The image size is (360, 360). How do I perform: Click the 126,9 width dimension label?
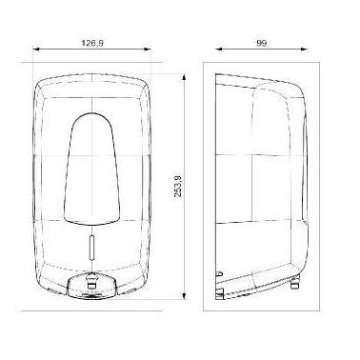(x=92, y=43)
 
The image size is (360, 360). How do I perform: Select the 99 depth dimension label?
(x=261, y=43)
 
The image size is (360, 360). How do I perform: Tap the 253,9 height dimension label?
(x=178, y=186)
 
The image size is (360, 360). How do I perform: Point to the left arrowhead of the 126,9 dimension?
(x=36, y=49)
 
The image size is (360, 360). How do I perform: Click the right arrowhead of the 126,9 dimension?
(x=148, y=49)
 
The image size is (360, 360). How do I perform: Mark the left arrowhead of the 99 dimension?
(x=219, y=49)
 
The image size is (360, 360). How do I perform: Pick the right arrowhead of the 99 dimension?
(x=304, y=49)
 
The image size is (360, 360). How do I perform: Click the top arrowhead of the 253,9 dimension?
(x=184, y=77)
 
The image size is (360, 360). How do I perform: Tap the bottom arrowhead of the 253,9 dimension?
(x=184, y=295)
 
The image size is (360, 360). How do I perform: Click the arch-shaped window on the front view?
(x=91, y=170)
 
